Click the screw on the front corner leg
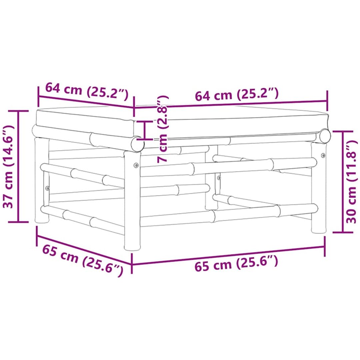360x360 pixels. click(136, 165)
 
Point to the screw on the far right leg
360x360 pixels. click(323, 155)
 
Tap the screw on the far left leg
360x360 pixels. click(48, 188)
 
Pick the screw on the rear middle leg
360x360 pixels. click(219, 177)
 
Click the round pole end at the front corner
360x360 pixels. click(138, 144)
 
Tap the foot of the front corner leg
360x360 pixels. click(132, 247)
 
